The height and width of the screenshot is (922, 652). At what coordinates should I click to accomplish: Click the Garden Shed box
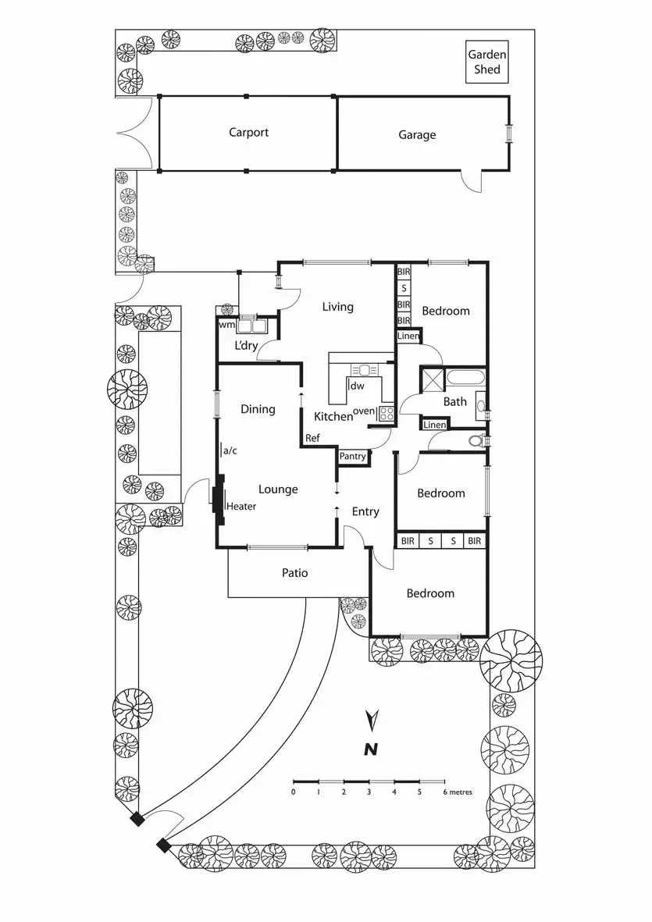(487, 62)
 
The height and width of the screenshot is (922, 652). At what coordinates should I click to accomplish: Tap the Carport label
(248, 132)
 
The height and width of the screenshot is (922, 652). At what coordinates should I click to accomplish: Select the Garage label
(417, 134)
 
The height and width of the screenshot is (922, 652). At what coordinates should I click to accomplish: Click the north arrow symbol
(372, 717)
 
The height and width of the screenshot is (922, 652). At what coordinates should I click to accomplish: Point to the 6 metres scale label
(458, 792)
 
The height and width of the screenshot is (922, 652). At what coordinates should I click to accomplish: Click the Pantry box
(352, 456)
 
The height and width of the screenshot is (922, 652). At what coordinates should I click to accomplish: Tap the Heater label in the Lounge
(241, 506)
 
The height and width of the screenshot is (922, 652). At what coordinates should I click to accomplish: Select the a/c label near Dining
(230, 450)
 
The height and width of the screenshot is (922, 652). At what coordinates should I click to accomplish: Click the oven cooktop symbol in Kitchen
(386, 414)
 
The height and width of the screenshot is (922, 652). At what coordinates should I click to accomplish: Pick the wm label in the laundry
(226, 325)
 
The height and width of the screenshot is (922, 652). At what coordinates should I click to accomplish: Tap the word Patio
(294, 573)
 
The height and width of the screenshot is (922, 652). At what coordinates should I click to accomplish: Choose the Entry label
(365, 511)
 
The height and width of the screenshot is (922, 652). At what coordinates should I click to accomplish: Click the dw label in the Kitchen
(358, 386)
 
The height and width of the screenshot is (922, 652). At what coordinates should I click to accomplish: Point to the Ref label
(312, 438)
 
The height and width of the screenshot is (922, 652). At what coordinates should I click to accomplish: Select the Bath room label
(455, 402)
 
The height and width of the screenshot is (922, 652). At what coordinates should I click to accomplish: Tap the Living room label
(337, 307)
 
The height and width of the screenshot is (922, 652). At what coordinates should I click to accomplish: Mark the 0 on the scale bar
(294, 792)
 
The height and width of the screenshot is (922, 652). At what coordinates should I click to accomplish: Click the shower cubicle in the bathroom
(433, 379)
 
